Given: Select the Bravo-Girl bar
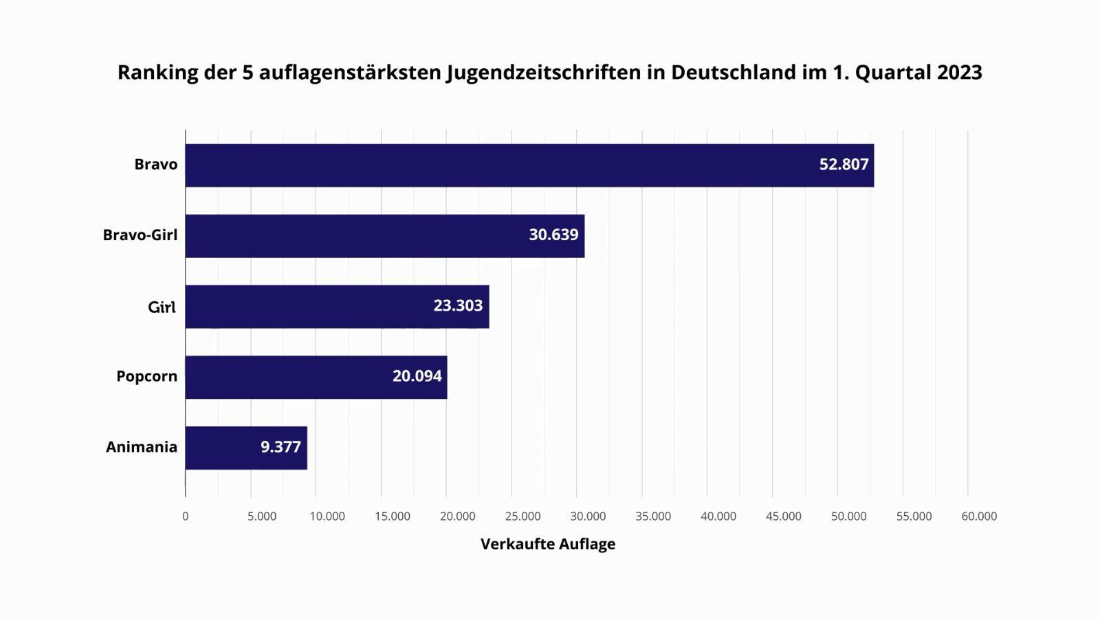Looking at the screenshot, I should click(357, 236).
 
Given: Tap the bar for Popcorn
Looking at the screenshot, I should click(289, 377).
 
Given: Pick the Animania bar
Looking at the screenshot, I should click(220, 448).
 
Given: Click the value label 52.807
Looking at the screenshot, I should click(844, 164).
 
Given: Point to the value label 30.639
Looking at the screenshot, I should click(553, 235).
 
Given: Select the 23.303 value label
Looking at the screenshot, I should click(458, 305).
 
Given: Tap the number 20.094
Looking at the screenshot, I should click(417, 376).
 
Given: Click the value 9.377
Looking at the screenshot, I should click(280, 447).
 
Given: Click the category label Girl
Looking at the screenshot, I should click(162, 307).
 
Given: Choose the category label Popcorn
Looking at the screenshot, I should click(146, 376).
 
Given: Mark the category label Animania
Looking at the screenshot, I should click(142, 447).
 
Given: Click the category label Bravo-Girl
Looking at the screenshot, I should click(140, 235).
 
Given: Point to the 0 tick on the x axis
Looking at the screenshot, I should click(185, 517).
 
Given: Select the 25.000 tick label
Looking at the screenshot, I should click(522, 517).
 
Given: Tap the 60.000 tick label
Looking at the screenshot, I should click(979, 517).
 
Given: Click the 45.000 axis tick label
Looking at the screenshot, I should click(783, 517).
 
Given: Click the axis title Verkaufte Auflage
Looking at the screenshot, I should click(548, 544).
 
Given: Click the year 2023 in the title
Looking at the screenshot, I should click(958, 72).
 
